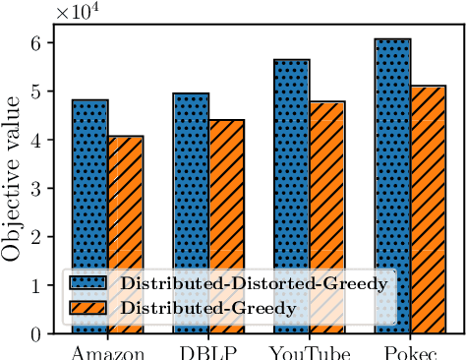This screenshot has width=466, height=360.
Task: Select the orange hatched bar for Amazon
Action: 126,197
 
